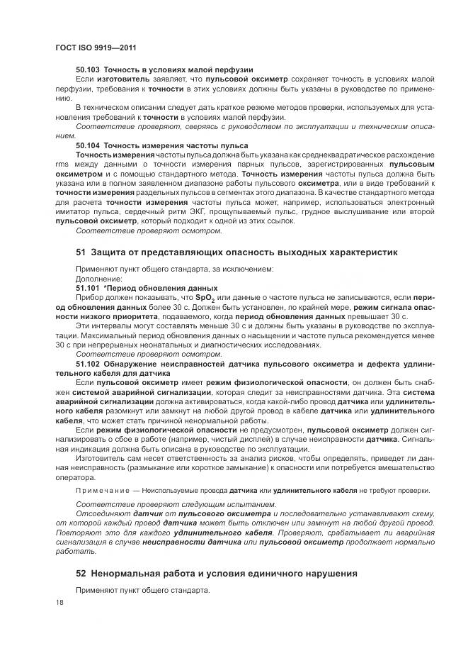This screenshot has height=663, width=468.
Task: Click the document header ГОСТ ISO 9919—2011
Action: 95,48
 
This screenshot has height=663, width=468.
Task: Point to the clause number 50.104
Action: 88,145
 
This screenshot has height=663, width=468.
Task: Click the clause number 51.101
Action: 88,289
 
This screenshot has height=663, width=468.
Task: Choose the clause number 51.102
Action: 88,363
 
